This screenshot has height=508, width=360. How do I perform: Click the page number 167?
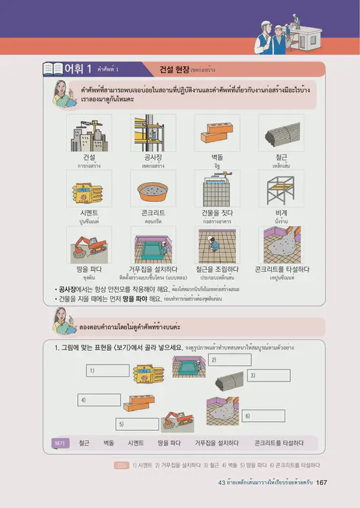coord(322,482)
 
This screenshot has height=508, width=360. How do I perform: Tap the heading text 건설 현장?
coord(174,69)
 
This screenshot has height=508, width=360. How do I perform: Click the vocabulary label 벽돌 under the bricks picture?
coord(217,156)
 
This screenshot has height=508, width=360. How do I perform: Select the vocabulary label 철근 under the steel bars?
coord(281,156)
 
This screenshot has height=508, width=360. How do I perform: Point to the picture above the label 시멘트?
coord(89,188)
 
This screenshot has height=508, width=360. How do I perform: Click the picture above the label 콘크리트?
coord(153,188)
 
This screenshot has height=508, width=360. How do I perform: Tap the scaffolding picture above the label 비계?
coord(281,188)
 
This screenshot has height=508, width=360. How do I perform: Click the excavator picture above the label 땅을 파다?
coord(89,245)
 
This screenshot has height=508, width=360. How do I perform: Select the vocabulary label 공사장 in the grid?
coord(153,156)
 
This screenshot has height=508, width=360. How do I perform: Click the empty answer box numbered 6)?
coord(262,415)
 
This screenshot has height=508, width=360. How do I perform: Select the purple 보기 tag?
coord(60,444)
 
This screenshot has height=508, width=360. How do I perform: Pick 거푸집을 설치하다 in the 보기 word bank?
coord(216,444)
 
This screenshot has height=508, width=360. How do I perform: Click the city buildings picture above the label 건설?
coord(89,133)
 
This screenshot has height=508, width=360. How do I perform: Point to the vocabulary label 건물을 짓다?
coord(217,212)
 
